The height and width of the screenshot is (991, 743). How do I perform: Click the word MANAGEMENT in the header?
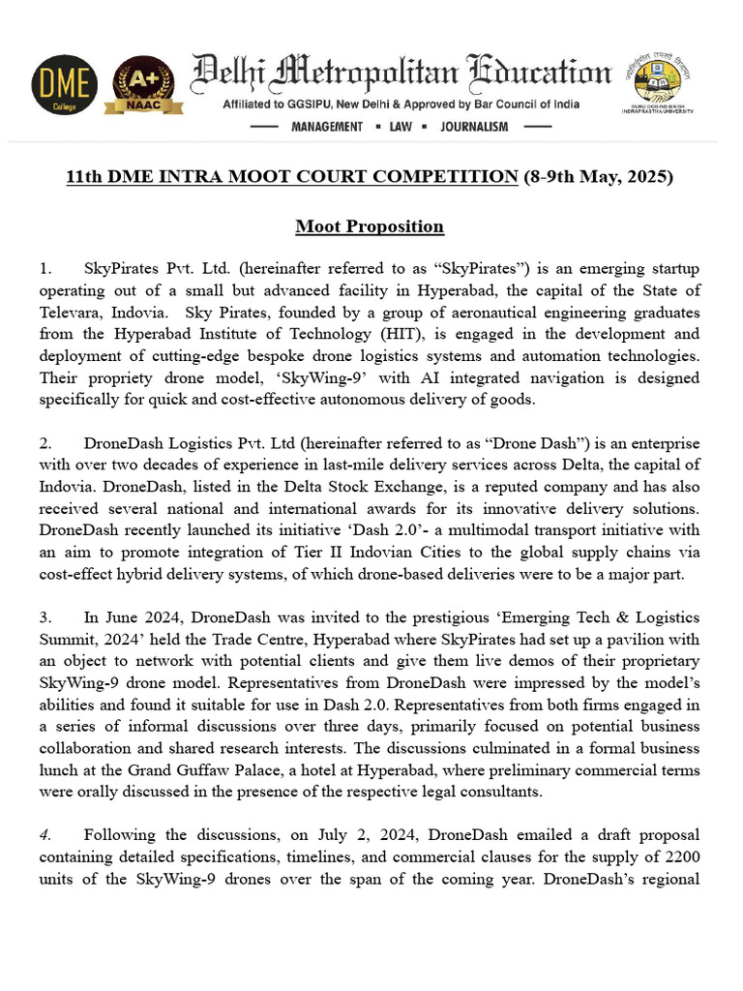[327, 127]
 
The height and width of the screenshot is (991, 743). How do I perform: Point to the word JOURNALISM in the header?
[473, 127]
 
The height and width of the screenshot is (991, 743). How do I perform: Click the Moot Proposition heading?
[370, 226]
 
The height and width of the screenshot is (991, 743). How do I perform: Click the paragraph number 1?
[45, 267]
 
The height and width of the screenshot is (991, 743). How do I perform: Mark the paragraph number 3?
[45, 617]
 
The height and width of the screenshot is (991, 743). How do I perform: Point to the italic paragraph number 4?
[45, 834]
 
